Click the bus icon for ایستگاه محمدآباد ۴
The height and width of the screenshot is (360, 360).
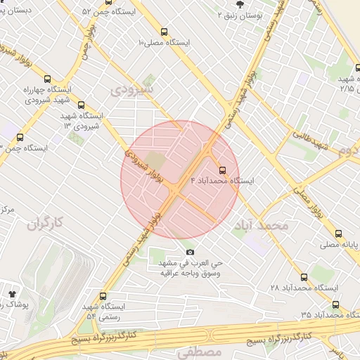coord(223,170)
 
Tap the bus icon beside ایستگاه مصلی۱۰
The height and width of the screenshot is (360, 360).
coord(165,32)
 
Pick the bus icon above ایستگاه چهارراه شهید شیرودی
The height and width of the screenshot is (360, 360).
coord(49,78)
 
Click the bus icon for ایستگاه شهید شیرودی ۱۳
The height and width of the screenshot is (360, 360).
coord(82,104)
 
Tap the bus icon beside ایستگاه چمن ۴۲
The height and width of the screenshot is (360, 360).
coord(19,138)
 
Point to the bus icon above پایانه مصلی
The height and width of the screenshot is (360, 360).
coord(339,233)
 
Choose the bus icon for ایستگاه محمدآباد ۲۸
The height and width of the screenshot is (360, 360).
coord(304,277)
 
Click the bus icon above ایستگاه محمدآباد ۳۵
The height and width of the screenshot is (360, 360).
coord(335,304)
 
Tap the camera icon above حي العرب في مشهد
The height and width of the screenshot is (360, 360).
coord(190,252)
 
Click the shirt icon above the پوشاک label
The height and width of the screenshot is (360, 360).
coord(12,292)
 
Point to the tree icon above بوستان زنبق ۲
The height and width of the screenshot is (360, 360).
coord(240,4)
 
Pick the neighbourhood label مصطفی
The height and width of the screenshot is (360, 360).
coord(200,352)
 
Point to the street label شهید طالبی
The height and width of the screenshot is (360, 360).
coord(311,139)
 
